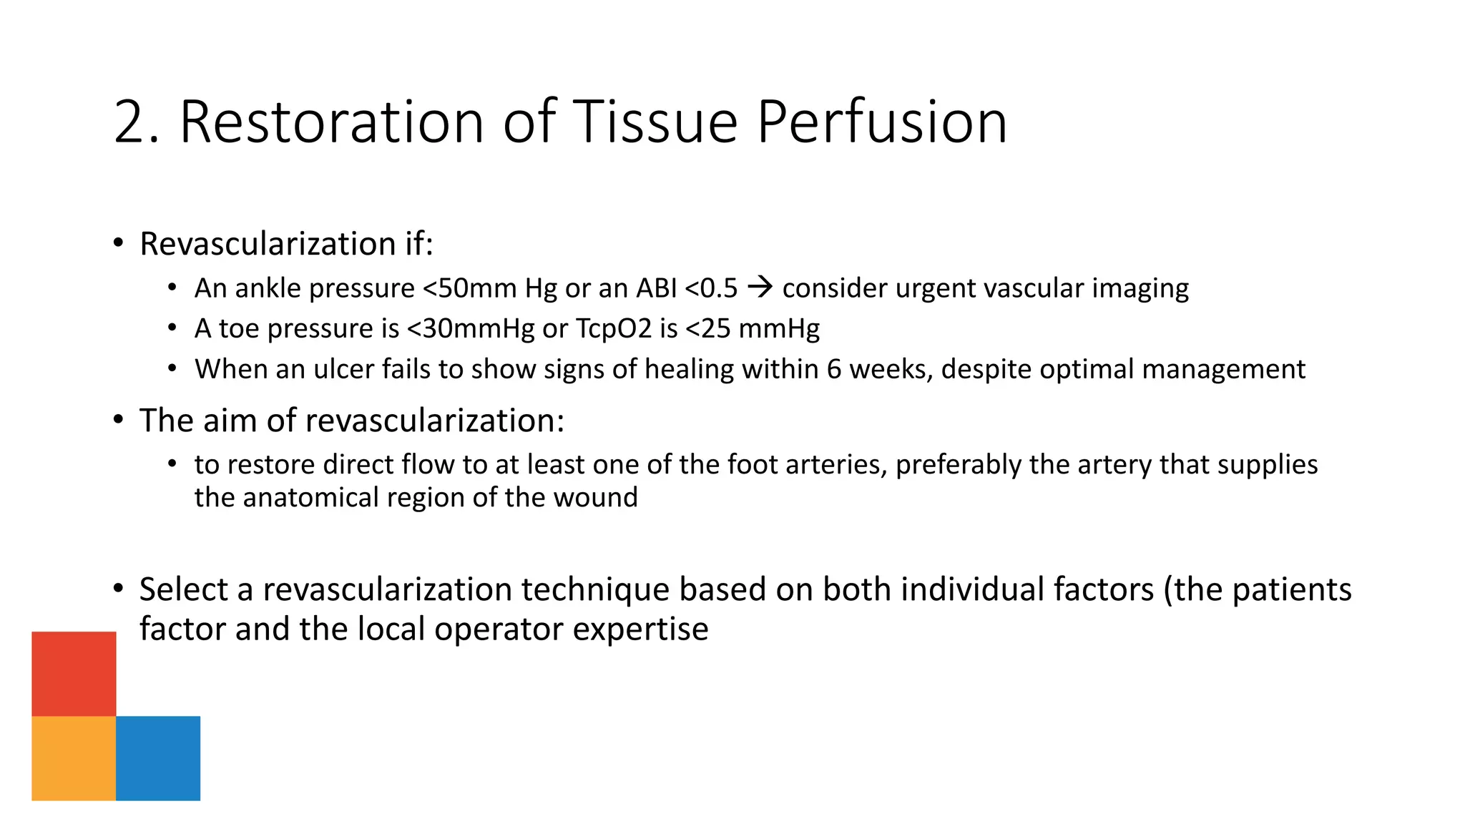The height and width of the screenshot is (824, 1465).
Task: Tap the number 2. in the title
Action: [137, 122]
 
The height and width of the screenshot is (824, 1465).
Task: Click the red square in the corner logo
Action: [74, 673]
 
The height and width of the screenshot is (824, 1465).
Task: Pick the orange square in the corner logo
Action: [74, 758]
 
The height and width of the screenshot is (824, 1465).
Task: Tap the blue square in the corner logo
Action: [158, 758]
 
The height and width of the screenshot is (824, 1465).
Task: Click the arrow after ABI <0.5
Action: [760, 288]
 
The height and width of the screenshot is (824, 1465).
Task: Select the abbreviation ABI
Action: [656, 288]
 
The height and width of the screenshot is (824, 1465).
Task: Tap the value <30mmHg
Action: [470, 329]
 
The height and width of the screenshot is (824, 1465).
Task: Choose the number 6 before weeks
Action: [833, 369]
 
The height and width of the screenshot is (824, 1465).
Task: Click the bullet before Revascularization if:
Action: [119, 243]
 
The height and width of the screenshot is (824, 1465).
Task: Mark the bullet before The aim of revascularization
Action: [119, 420]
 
